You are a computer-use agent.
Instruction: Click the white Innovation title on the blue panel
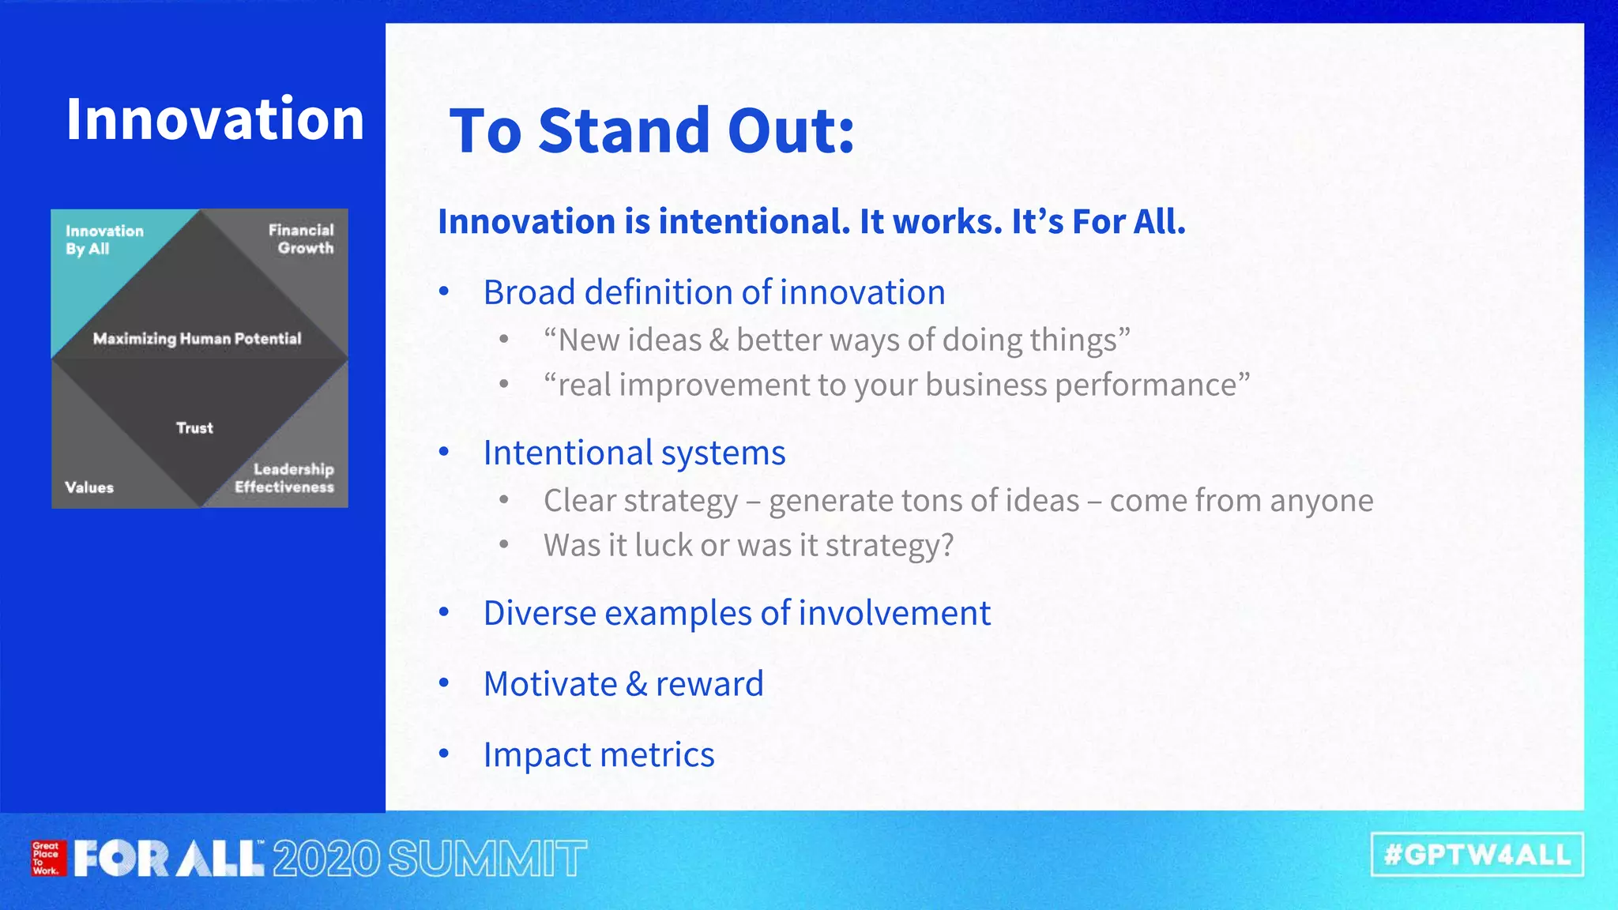tap(215, 119)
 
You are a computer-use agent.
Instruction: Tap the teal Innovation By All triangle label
tap(103, 239)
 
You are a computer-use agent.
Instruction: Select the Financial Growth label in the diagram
tap(301, 239)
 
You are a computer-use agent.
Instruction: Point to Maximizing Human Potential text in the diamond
tap(197, 339)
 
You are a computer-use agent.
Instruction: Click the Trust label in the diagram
tap(194, 428)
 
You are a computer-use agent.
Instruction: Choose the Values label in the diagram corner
tap(89, 487)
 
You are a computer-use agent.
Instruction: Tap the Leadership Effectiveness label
tap(284, 478)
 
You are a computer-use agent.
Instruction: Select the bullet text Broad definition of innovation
tap(714, 292)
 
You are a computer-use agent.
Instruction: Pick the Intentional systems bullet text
tap(634, 453)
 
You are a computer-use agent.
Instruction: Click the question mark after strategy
tap(947, 545)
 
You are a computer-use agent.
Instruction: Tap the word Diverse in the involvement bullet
tap(539, 613)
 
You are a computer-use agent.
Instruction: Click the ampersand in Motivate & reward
tap(636, 684)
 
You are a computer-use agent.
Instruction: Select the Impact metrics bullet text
tap(599, 755)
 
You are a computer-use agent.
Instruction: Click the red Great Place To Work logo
tap(46, 859)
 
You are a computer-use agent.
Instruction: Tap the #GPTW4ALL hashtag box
tap(1477, 855)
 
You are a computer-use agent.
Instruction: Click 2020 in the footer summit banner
tap(326, 859)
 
